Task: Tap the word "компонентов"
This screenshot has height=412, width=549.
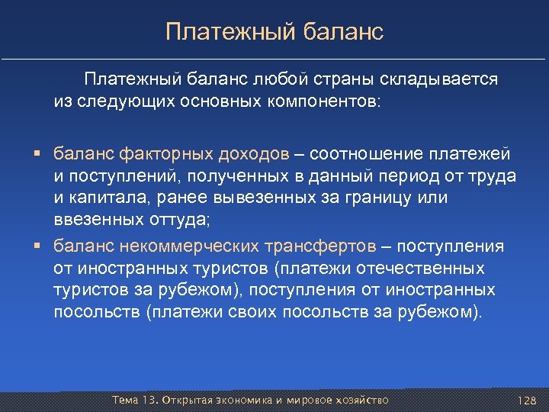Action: pos(324,101)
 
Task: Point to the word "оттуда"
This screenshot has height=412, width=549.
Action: pos(179,220)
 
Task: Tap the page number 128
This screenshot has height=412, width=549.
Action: pos(526,401)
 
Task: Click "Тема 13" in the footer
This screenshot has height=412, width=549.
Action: pos(134,400)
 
